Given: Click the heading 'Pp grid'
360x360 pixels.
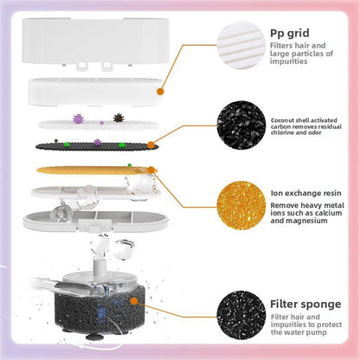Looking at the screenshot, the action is tap(290, 34).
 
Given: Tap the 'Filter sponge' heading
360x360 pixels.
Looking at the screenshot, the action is tap(305, 304).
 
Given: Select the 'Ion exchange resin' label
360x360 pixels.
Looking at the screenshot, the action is tap(305, 193).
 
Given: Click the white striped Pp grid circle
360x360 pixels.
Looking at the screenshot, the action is tap(241, 45).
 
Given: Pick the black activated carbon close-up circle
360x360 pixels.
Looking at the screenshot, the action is tap(241, 125).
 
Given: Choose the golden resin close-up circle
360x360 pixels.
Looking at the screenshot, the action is tap(241, 205).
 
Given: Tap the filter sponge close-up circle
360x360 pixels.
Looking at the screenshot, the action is tap(241, 315).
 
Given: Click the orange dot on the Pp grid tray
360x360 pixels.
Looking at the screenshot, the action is tap(160, 92).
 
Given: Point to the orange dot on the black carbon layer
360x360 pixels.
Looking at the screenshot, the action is tap(151, 145).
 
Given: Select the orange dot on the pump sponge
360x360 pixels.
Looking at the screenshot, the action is tap(134, 301).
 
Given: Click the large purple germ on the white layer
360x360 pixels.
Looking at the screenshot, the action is tap(78, 119).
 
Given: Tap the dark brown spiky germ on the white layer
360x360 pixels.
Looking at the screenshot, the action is tap(119, 118).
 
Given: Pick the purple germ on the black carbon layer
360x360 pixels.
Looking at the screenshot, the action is tap(98, 142).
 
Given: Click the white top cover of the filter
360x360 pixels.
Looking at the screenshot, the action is tap(95, 41).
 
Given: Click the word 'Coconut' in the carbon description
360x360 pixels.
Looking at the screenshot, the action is tap(281, 120).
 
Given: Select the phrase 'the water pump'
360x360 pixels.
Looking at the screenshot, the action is tap(299, 332).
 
